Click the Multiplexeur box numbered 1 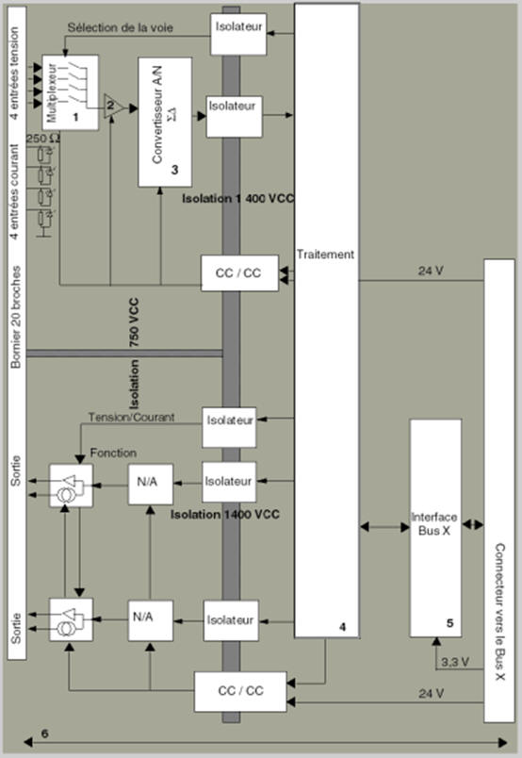point(70,92)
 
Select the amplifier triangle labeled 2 point(114,107)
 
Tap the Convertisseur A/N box point(165,123)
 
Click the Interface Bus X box point(435,528)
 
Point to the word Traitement point(325,255)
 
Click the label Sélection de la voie point(120,27)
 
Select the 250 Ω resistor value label point(43,139)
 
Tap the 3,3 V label point(455,662)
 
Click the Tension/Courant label point(131,418)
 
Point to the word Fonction point(113,453)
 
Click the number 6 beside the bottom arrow point(44,733)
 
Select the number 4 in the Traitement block point(343,627)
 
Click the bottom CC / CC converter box point(240,691)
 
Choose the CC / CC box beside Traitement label point(239,273)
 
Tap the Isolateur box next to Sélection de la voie point(238,34)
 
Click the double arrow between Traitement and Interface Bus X point(384,526)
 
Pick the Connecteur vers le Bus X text point(499,612)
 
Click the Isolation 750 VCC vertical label point(134,354)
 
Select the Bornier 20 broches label point(16,317)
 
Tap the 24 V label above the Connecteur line point(431,271)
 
